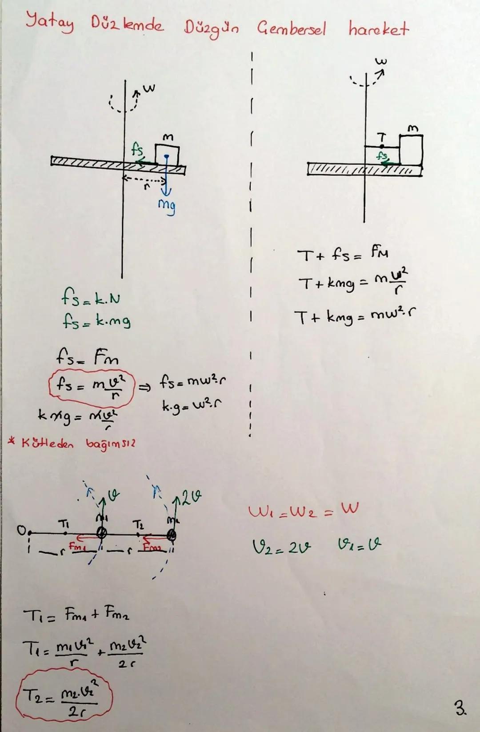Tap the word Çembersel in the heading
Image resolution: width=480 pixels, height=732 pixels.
point(291,29)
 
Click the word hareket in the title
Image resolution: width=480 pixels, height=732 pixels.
point(378,29)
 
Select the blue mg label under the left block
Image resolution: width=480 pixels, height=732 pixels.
point(167,206)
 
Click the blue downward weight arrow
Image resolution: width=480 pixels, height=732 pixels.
point(166,178)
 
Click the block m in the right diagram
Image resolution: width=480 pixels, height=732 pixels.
point(411,150)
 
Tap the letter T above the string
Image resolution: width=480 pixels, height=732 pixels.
point(381,138)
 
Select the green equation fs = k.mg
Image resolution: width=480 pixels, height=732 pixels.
point(96,320)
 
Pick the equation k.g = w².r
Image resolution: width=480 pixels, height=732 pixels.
point(192,405)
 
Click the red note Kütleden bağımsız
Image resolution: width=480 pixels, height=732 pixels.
point(71,444)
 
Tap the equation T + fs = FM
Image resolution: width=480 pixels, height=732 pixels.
point(342,255)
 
